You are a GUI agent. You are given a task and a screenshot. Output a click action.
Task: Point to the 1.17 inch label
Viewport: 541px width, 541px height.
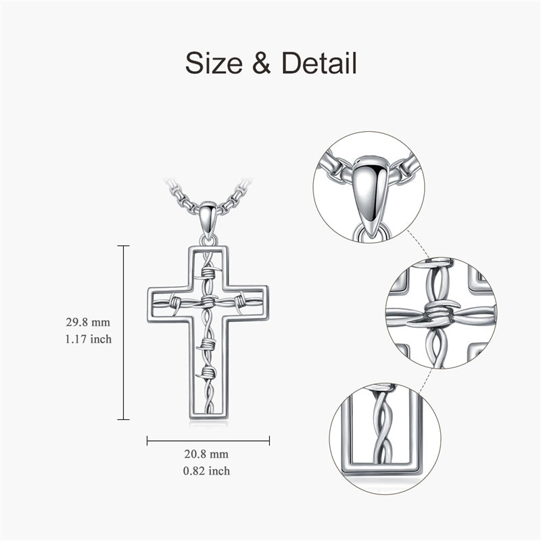[83, 339]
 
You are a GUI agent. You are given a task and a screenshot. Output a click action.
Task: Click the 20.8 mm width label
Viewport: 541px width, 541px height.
[209, 454]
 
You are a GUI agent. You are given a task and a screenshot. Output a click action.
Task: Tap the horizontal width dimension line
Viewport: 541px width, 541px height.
[208, 441]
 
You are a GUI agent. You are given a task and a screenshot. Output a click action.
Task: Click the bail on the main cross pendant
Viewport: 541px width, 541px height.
[208, 220]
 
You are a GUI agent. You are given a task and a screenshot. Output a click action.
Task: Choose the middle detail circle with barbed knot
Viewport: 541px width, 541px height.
[440, 312]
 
